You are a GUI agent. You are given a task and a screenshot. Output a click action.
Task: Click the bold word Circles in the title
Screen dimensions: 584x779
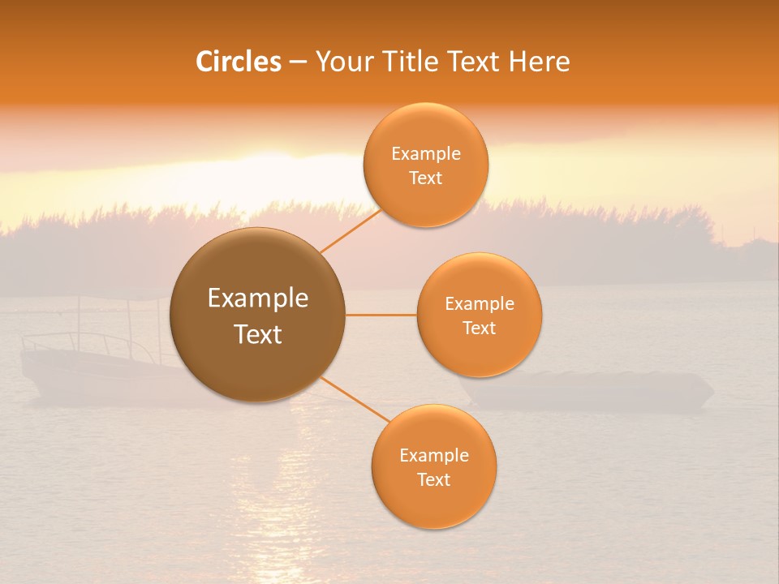(238, 62)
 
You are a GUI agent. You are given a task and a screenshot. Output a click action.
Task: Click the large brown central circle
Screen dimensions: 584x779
(258, 315)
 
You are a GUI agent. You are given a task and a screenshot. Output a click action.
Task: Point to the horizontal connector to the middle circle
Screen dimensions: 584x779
(381, 315)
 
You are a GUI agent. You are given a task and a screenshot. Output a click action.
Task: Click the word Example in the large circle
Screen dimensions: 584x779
(258, 298)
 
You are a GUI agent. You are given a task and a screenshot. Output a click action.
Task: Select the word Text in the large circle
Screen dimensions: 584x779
(258, 334)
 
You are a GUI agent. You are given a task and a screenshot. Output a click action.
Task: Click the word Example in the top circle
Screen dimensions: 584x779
(425, 154)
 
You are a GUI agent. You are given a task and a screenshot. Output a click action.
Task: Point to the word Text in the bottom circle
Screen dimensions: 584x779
(433, 479)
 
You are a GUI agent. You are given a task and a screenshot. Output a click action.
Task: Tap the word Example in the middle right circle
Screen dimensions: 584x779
(479, 304)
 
